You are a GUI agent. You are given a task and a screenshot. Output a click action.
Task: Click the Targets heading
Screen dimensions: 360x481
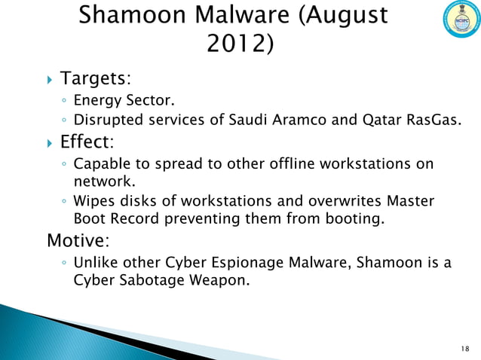[x=95, y=78]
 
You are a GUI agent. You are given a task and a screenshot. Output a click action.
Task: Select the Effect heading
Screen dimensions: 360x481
[x=87, y=142]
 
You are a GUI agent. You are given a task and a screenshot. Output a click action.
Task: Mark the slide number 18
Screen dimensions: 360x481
[x=463, y=349]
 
